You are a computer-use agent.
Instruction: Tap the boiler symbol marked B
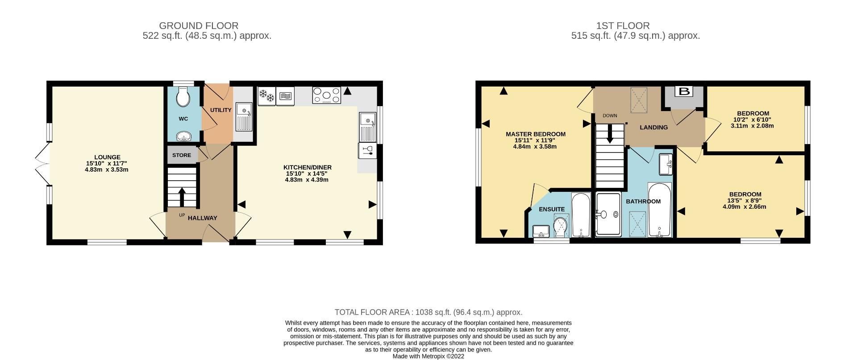pyautogui.click(x=684, y=92)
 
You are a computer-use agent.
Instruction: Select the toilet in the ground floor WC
pyautogui.click(x=183, y=96)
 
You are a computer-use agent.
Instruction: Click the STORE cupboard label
pyautogui.click(x=181, y=155)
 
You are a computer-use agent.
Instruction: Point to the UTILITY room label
pyautogui.click(x=220, y=110)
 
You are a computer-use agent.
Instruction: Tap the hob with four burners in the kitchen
pyautogui.click(x=326, y=95)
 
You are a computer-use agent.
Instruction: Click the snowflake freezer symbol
pyautogui.click(x=266, y=96)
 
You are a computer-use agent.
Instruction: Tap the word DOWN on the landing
pyautogui.click(x=610, y=116)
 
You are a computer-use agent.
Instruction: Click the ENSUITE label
pyautogui.click(x=552, y=209)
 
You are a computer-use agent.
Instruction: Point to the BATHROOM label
pyautogui.click(x=643, y=201)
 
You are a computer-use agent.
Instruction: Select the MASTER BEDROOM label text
pyautogui.click(x=535, y=134)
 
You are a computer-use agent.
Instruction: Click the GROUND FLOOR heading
pyautogui.click(x=199, y=26)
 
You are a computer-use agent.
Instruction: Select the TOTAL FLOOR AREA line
pyautogui.click(x=428, y=312)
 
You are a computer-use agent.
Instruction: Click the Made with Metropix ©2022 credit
pyautogui.click(x=428, y=356)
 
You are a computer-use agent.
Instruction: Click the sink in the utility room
pyautogui.click(x=244, y=116)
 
